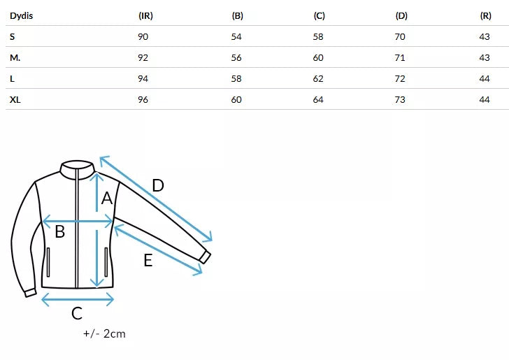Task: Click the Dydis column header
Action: coord(22,15)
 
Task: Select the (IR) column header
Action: coord(145,15)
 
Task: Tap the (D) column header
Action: coord(401,15)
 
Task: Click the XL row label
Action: coord(15,99)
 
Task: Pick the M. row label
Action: coord(15,58)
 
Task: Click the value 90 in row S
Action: coord(143,36)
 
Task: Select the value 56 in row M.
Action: coord(236,58)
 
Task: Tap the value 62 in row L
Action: coord(318,78)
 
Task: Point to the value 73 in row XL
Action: coord(400,99)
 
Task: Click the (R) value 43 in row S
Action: coord(485,36)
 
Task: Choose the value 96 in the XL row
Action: coord(143,99)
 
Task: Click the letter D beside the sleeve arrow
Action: coord(158,186)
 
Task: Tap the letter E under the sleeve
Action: coord(148,260)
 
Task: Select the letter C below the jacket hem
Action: coord(77,313)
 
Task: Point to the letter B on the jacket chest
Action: coord(60,232)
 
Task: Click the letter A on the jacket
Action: coord(107,199)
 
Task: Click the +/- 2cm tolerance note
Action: coord(104,333)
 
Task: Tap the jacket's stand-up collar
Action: coord(77,169)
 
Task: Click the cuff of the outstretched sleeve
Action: coord(205,257)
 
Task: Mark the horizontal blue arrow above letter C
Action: coord(78,299)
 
